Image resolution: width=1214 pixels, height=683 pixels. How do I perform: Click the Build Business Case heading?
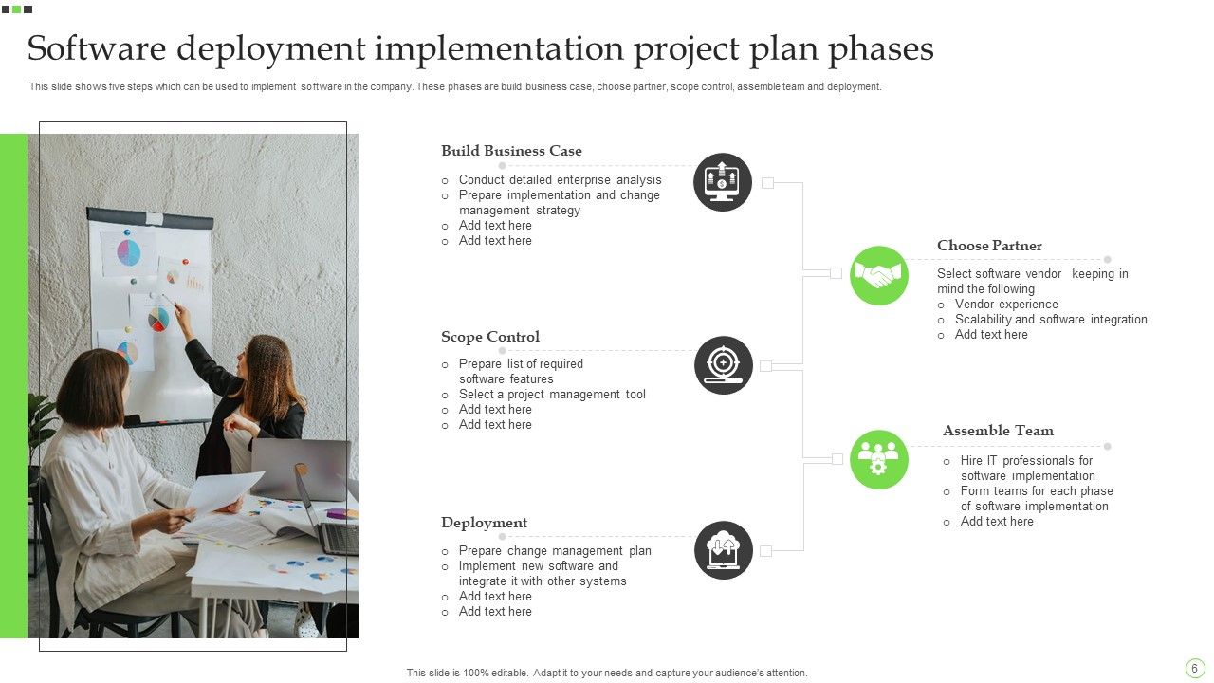click(x=511, y=151)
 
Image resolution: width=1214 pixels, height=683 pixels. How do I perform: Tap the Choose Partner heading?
click(x=989, y=246)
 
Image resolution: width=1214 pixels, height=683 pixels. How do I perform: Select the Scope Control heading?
click(x=490, y=337)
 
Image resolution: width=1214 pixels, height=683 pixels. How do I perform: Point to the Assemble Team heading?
click(x=998, y=431)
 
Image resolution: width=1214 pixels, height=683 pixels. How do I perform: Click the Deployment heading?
click(x=484, y=523)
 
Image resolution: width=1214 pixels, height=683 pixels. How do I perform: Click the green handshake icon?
click(x=879, y=275)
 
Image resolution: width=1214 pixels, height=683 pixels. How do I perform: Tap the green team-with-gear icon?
click(x=879, y=460)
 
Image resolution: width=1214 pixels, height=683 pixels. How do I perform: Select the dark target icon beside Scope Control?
click(x=724, y=365)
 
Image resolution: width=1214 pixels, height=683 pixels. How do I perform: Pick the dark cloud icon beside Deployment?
click(x=724, y=550)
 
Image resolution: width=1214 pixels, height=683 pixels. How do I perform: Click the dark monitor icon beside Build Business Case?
click(x=723, y=182)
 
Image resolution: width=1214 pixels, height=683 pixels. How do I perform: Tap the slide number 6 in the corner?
click(x=1195, y=668)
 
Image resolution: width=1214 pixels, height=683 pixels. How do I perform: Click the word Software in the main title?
click(x=97, y=48)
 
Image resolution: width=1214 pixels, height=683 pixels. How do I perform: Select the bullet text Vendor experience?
click(x=1006, y=305)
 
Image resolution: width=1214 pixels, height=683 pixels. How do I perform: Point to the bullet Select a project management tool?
click(x=552, y=395)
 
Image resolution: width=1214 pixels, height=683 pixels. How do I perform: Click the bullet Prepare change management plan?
click(x=555, y=551)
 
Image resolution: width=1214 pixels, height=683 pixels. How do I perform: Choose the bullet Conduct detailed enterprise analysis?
click(x=560, y=180)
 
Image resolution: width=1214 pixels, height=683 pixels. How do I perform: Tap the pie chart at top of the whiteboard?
click(x=128, y=252)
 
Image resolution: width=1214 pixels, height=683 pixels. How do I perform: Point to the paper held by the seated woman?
click(x=223, y=493)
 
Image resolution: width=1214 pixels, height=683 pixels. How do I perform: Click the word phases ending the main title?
click(x=881, y=48)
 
